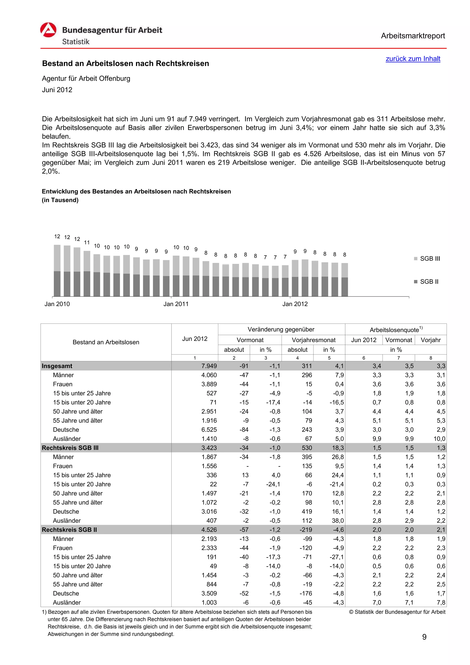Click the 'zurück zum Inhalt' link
click(413, 59)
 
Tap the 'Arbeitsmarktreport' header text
click(413, 36)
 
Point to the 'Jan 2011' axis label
click(176, 304)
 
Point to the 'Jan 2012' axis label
click(295, 304)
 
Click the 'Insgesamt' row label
click(57, 366)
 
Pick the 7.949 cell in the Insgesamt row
click(209, 366)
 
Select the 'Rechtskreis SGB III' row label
click(70, 448)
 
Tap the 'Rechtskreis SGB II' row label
click(69, 530)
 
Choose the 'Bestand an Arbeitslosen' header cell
click(106, 342)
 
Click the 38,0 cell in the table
click(338, 520)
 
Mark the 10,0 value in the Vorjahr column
click(439, 439)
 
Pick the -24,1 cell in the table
click(273, 484)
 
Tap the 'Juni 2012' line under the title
click(57, 90)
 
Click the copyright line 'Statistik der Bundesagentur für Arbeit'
click(397, 612)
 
